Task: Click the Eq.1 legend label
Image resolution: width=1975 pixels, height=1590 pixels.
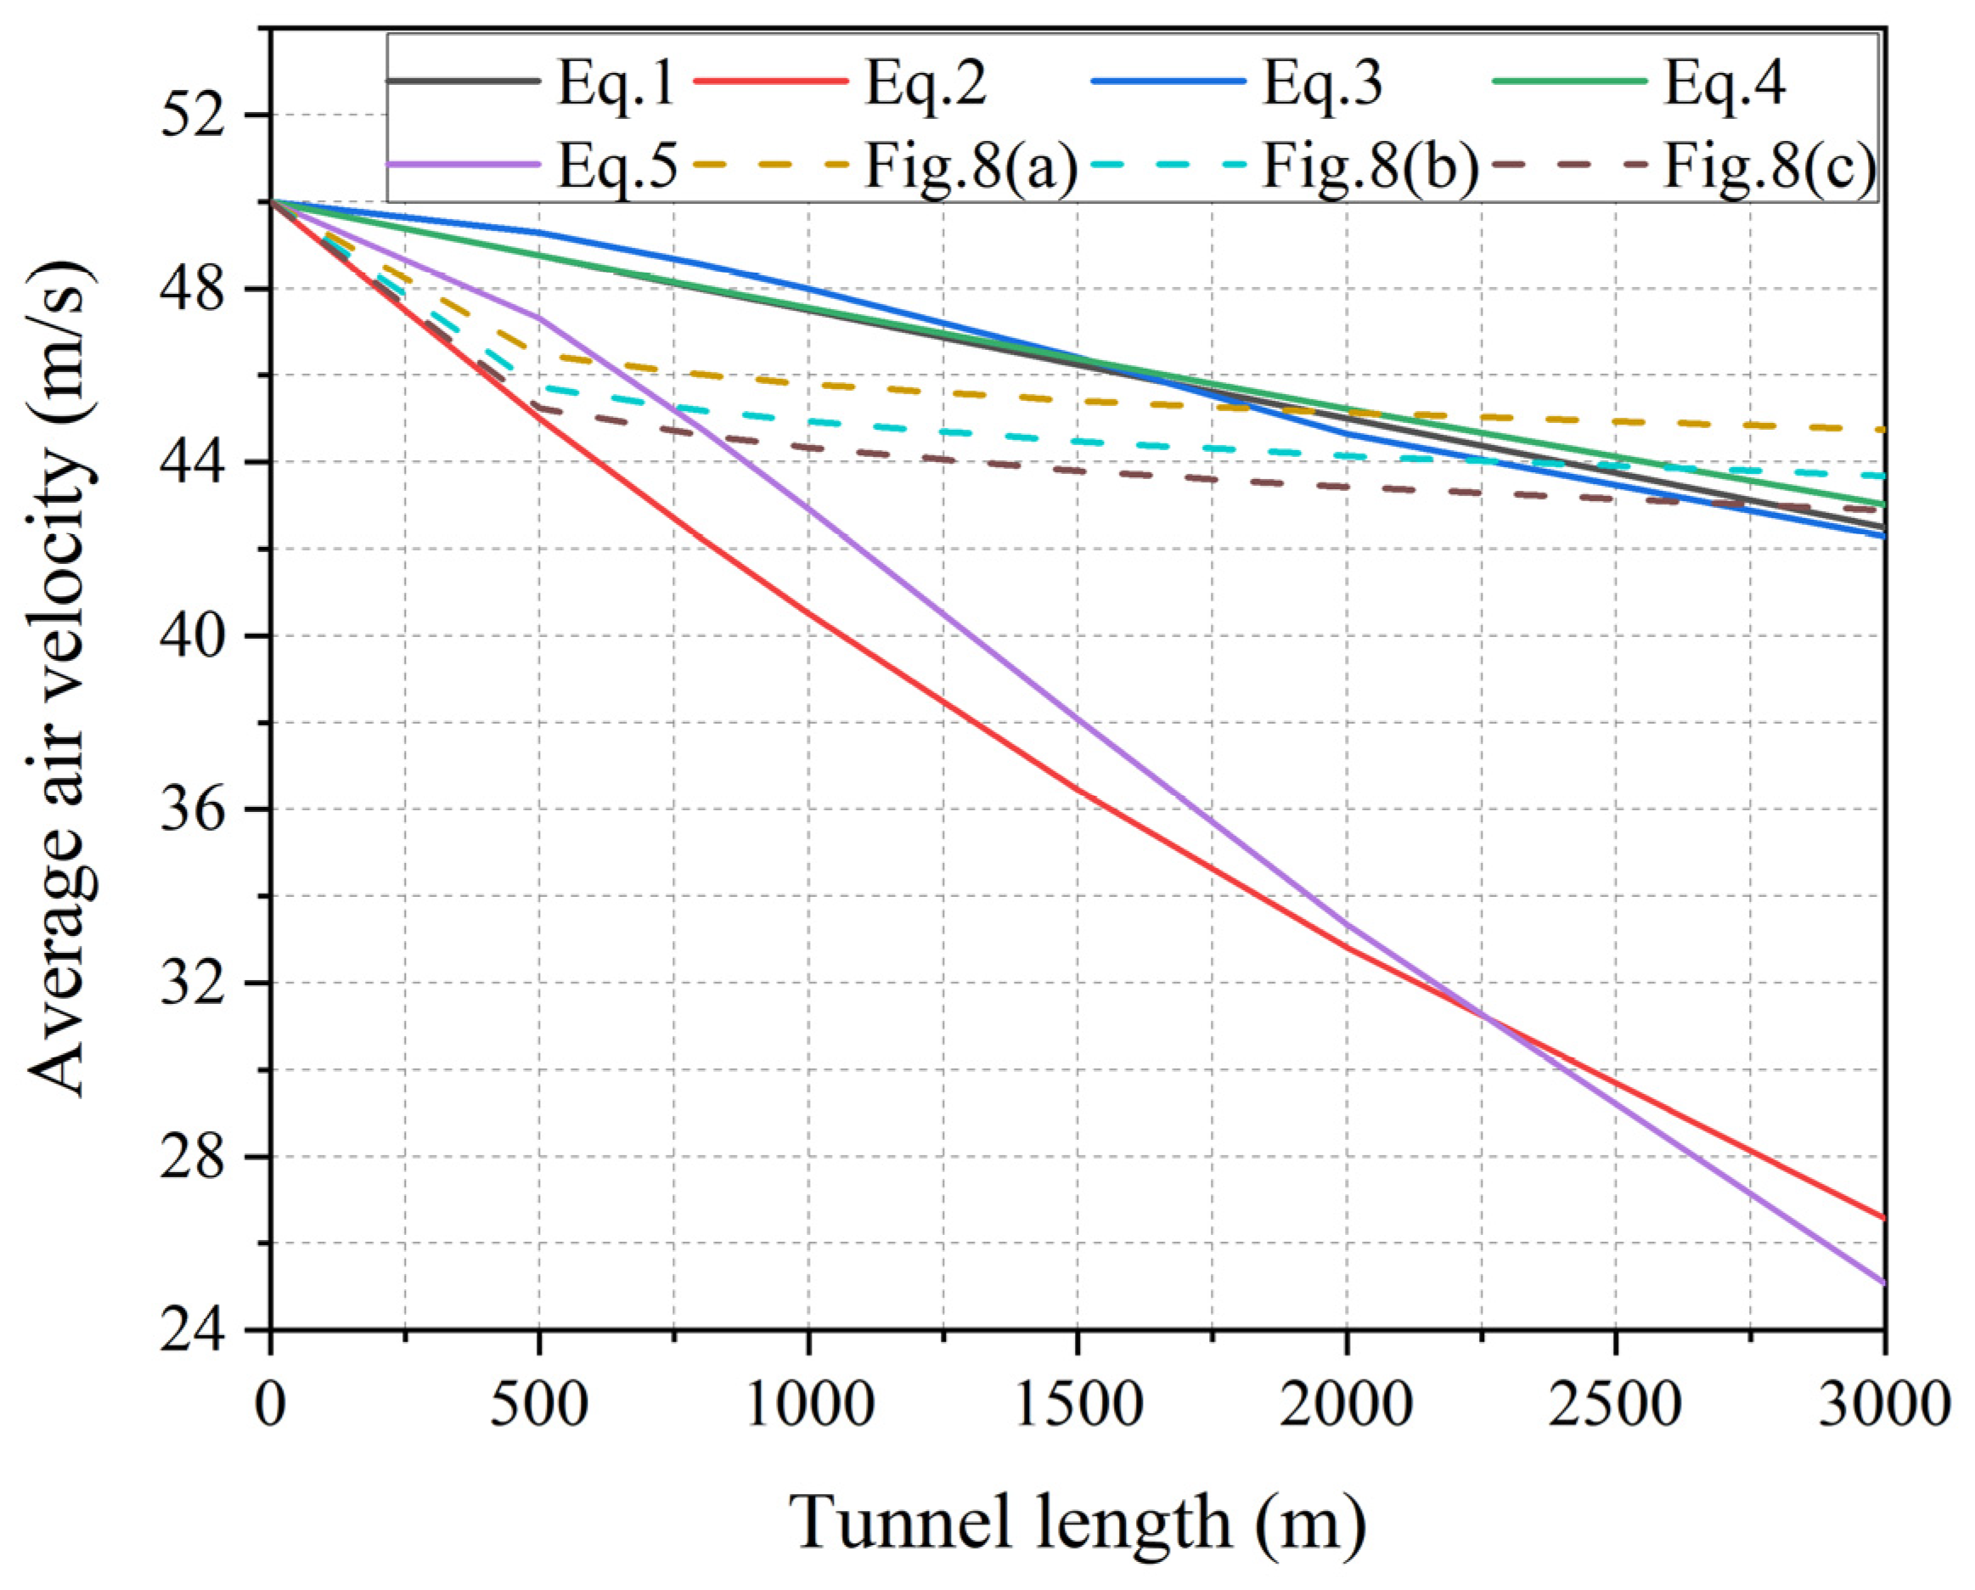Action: tap(615, 83)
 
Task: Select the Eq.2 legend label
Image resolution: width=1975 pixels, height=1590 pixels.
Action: tap(926, 83)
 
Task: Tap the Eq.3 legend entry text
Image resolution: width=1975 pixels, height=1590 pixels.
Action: tap(1322, 83)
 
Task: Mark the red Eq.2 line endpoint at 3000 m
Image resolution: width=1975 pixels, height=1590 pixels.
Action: tap(1883, 1219)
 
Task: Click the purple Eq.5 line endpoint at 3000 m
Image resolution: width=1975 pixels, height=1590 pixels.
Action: tap(1883, 1283)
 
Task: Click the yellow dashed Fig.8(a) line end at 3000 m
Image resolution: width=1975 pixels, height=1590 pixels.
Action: tap(1882, 429)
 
